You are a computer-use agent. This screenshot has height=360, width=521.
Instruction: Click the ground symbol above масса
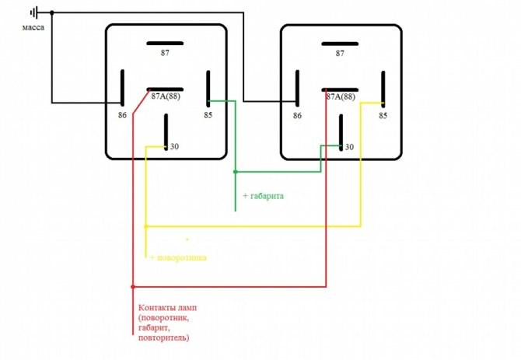click(x=34, y=12)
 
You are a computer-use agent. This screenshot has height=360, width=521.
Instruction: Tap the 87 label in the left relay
click(x=165, y=53)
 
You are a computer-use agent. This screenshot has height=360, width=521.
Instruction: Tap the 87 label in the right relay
click(x=340, y=53)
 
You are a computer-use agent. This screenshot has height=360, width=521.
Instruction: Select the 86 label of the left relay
click(x=122, y=114)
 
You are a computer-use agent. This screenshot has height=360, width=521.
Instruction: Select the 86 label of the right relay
click(x=297, y=115)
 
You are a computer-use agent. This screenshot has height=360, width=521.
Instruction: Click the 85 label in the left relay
click(x=208, y=114)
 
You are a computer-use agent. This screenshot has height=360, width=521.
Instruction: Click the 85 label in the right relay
click(x=383, y=115)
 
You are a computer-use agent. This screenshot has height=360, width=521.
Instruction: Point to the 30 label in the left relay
click(x=174, y=146)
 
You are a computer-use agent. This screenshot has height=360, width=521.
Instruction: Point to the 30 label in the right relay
click(x=349, y=146)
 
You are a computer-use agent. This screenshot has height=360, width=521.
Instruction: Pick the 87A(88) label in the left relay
click(x=166, y=97)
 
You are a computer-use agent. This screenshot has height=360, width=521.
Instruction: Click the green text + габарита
click(x=263, y=196)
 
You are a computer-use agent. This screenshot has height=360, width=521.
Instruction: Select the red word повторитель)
click(x=163, y=339)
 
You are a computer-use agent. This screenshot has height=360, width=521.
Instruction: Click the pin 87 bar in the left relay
click(x=165, y=42)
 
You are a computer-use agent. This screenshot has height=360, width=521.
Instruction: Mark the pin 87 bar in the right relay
click(x=340, y=42)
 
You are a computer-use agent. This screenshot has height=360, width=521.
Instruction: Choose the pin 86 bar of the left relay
click(x=122, y=88)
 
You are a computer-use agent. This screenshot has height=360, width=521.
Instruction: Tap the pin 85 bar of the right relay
click(x=383, y=88)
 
